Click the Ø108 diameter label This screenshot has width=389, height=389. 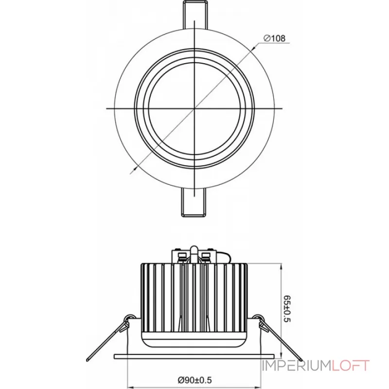pyautogui.click(x=274, y=38)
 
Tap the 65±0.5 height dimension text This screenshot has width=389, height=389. pyautogui.click(x=286, y=308)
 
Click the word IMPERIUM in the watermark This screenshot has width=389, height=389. pyautogui.click(x=297, y=366)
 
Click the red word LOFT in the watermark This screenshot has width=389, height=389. pyautogui.click(x=350, y=366)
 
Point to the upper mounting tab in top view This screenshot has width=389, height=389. pyautogui.click(x=195, y=15)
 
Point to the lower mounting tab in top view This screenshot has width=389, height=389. pyautogui.click(x=194, y=202)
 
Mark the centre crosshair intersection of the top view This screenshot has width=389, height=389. pyautogui.click(x=194, y=108)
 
